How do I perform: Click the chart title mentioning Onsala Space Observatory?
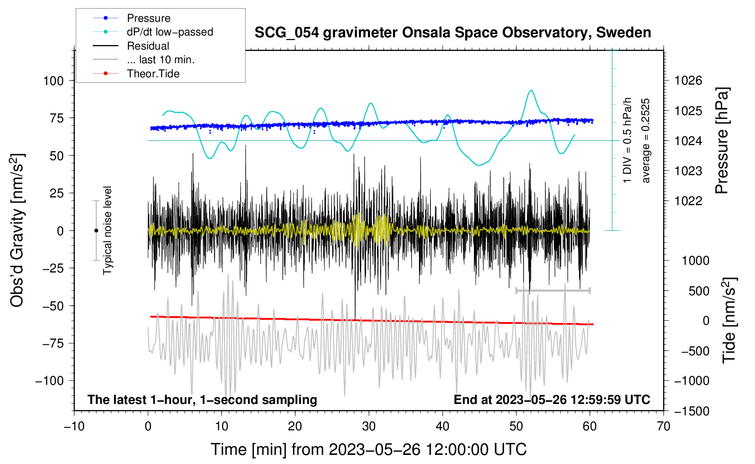point(453,33)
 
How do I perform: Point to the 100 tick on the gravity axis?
point(53,81)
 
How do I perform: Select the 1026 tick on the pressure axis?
point(688,81)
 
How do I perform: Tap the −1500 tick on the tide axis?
point(692,411)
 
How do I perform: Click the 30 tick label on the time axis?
point(369,426)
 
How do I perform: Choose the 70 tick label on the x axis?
point(663,426)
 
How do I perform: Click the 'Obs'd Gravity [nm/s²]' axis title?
point(17,230)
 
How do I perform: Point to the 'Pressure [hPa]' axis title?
point(722,141)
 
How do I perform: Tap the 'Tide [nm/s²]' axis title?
point(729,320)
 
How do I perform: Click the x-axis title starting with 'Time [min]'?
point(369,449)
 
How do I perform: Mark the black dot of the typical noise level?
point(96,231)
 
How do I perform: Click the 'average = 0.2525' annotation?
point(645,141)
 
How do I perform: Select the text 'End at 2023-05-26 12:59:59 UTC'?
point(552,399)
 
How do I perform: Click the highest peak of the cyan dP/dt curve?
point(531,90)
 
